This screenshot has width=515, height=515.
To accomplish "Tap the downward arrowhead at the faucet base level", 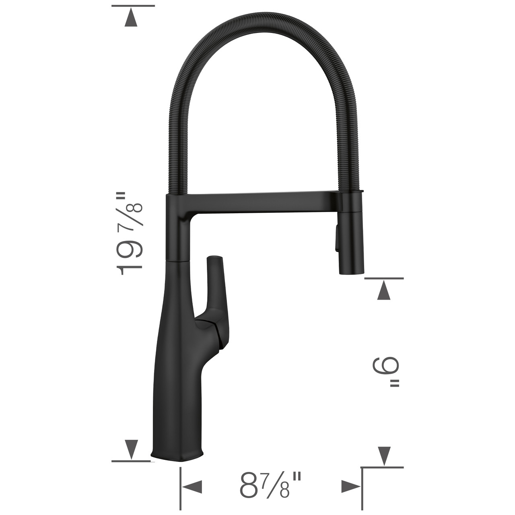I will (131, 448).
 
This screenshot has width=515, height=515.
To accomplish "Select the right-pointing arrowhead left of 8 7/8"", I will (192, 486).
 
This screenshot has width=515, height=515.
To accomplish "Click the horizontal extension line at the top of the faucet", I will (133, 6).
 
